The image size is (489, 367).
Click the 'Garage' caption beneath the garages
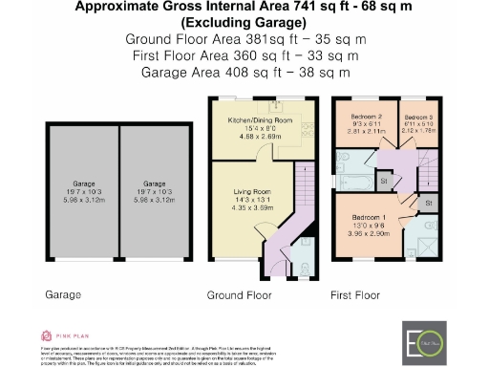tap(62, 296)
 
